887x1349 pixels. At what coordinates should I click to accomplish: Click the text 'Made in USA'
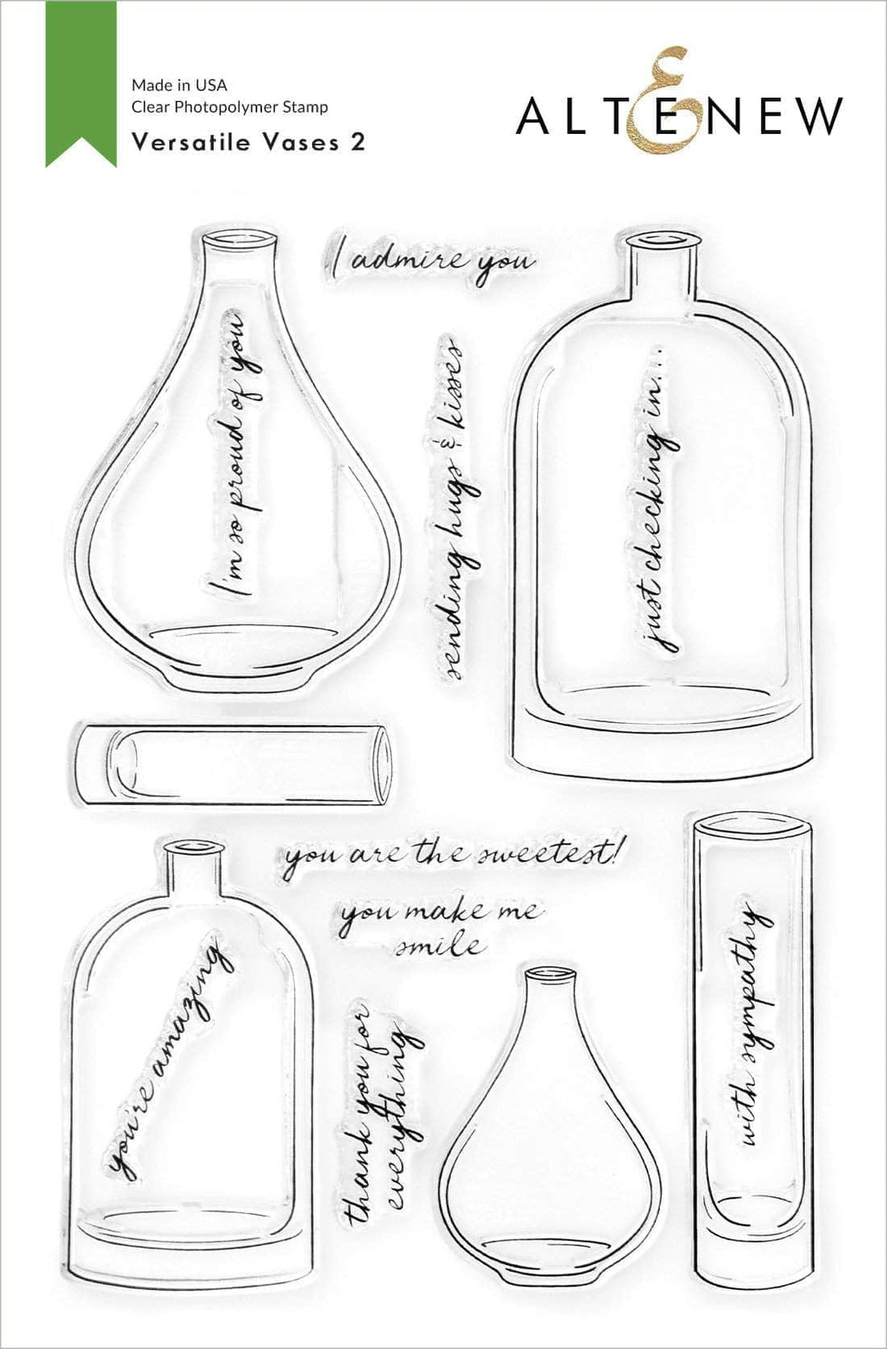coord(179,85)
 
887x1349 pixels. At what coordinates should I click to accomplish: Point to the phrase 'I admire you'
coord(431,261)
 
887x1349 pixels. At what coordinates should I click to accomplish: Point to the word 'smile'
coord(439,946)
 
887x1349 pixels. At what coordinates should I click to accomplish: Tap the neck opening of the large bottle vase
coord(662,239)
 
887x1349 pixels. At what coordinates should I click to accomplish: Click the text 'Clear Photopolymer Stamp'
coord(230,107)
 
